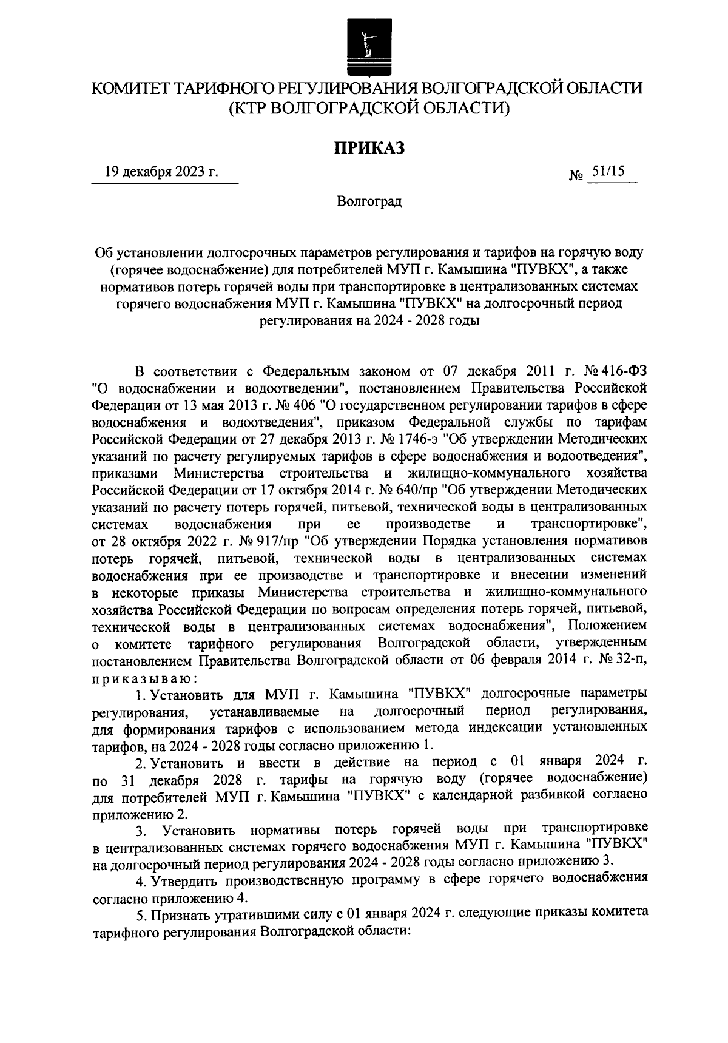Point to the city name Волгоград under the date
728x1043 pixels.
369,201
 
